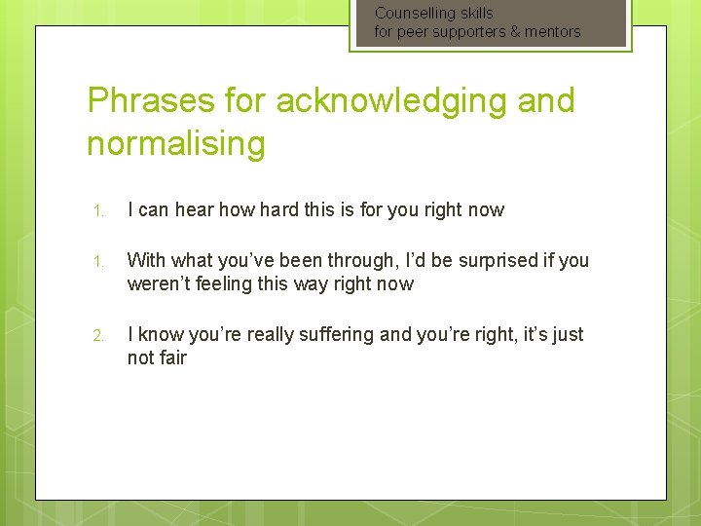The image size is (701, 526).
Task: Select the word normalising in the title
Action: tap(175, 143)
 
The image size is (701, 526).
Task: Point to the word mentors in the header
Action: tap(553, 31)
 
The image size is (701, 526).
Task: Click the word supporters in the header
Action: tap(465, 32)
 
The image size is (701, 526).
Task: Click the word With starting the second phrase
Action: tap(146, 260)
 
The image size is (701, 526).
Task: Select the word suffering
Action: tap(338, 334)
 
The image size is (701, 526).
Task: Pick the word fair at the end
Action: tap(170, 357)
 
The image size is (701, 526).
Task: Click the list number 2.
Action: tap(97, 335)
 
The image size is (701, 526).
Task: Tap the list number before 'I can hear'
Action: tap(97, 210)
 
